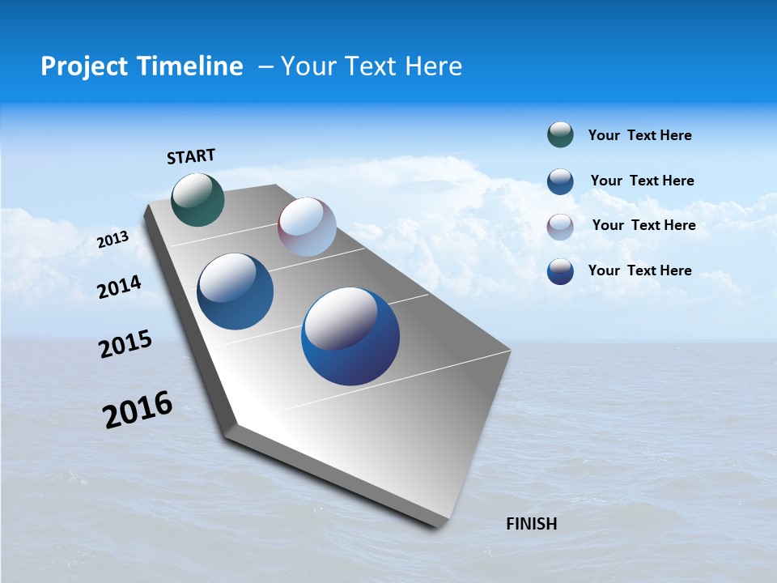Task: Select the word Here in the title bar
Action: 433,66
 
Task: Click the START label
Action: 191,156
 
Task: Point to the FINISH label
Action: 531,524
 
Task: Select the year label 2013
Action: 113,240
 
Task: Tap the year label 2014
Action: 119,287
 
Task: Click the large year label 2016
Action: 138,410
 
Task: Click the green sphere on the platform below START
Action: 198,199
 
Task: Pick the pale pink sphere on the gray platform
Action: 307,227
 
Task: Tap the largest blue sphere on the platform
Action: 350,336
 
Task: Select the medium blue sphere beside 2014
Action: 236,291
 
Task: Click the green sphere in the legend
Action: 560,135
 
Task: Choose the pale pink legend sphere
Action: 560,227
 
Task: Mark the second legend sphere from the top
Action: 560,181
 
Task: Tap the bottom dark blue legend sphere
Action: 560,271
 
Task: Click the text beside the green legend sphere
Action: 639,135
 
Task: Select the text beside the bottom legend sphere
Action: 639,270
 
